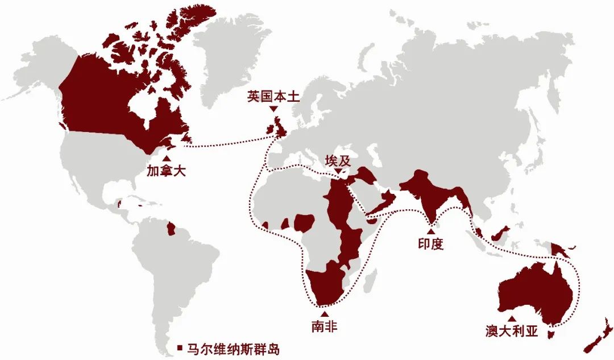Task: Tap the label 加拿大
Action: click(166, 171)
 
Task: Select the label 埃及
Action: click(337, 160)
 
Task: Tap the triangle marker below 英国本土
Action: click(273, 109)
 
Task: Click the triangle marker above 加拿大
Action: click(166, 159)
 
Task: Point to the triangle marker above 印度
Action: click(430, 231)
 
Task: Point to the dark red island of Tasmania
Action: click(550, 334)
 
